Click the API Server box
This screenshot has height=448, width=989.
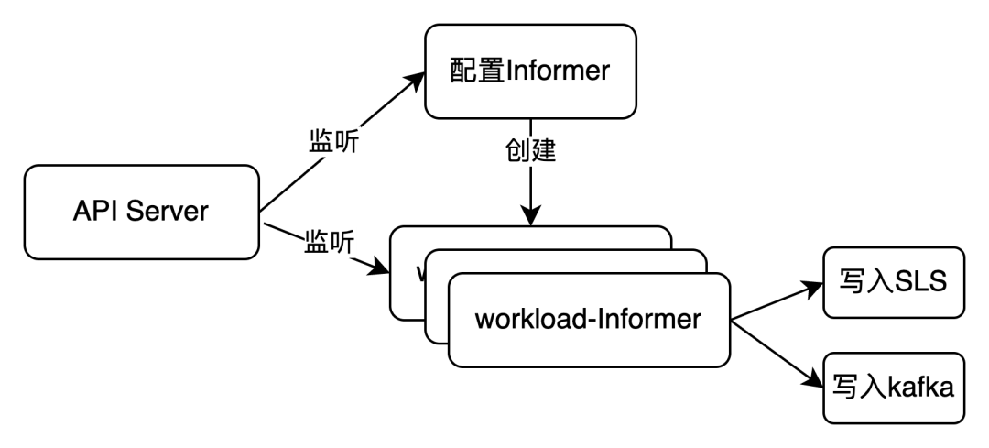click(x=141, y=212)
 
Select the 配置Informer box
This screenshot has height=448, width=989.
click(x=530, y=71)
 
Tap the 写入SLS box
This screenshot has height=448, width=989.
click(x=894, y=282)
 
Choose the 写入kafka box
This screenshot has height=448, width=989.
click(x=894, y=388)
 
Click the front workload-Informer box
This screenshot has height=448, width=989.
click(x=589, y=320)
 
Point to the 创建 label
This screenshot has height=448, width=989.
click(x=530, y=151)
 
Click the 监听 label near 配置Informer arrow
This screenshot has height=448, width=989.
click(x=334, y=142)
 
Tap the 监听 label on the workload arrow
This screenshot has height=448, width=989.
click(x=330, y=244)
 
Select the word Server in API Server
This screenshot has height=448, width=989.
click(x=168, y=212)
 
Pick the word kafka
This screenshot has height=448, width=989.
click(x=921, y=388)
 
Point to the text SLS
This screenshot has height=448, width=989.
click(x=921, y=282)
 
